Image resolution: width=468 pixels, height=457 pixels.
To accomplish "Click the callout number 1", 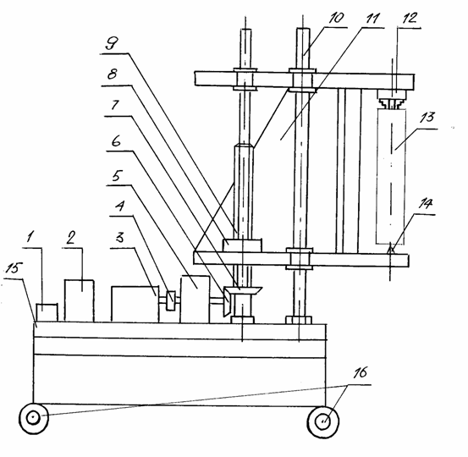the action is (30, 238).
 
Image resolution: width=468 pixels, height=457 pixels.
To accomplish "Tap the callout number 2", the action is (71, 239).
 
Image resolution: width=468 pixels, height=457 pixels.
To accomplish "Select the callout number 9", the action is (112, 44).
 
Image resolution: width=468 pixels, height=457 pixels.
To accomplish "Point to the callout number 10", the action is (336, 18).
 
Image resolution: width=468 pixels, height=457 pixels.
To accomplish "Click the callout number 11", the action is (372, 19).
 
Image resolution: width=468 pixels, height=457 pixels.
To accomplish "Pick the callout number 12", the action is (410, 18).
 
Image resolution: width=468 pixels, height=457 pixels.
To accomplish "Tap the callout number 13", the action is (427, 118).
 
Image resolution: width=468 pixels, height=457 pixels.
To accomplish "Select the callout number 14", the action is (425, 204).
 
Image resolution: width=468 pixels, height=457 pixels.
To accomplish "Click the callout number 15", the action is (14, 268).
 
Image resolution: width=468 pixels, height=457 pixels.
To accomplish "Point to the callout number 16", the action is (360, 373).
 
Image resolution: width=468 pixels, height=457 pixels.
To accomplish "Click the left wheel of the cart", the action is (34, 418).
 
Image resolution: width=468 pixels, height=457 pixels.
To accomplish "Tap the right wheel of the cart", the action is (323, 421).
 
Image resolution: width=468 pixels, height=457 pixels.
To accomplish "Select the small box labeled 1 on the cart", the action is (47, 313).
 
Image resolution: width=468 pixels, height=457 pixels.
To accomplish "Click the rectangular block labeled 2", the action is (80, 300).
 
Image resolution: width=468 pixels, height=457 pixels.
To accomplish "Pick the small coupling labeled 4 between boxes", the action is (170, 300).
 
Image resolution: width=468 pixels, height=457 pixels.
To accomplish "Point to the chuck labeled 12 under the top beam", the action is (392, 99).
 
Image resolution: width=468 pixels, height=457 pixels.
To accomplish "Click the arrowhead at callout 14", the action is (391, 249).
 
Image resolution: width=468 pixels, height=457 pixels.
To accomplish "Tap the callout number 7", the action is (115, 105).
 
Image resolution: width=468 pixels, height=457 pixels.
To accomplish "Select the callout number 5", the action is (116, 176).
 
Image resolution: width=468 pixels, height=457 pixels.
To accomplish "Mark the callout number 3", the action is (119, 238).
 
